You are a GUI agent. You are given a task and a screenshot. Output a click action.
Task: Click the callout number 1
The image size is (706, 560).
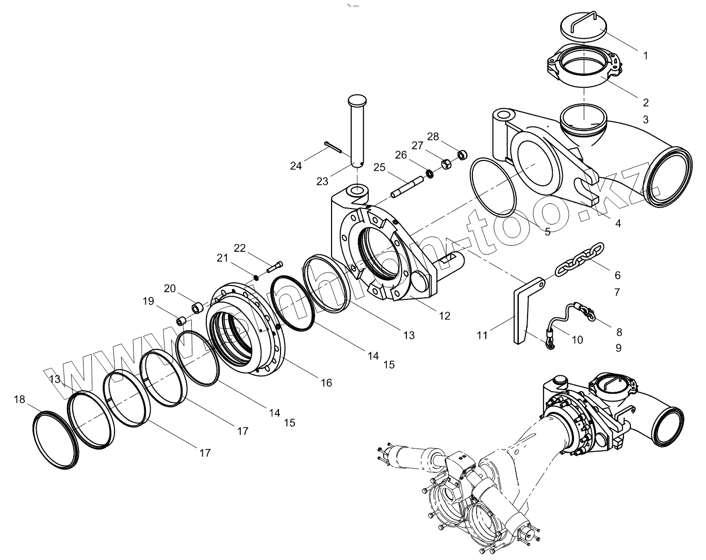pos(645,55)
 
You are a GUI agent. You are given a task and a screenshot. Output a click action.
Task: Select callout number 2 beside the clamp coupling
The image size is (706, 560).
pos(645,102)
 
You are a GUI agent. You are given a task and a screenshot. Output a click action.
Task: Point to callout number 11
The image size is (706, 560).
pos(482,335)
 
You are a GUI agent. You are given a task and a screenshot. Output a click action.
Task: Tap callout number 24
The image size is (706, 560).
pos(295,166)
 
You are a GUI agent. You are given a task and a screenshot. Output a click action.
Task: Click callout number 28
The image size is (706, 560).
pos(433,136)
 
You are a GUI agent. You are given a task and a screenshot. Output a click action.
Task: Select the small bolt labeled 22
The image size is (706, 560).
pos(275,267)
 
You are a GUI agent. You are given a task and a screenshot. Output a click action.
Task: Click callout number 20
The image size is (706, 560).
pos(170,288)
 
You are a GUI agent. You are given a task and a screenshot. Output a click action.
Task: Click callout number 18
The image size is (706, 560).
pos(19,399)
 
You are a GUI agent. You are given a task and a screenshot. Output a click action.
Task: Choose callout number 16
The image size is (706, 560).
pos(326,382)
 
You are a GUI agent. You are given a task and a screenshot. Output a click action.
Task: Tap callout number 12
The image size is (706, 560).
pos(444,316)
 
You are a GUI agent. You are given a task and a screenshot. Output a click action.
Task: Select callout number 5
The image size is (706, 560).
pos(547,232)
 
